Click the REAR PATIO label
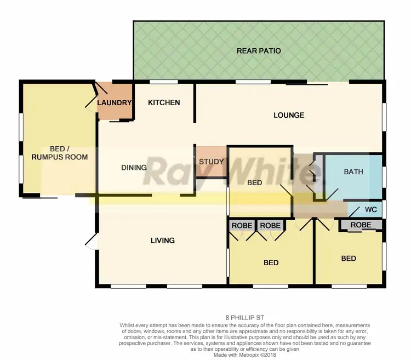259,51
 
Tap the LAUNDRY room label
115,102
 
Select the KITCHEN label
164,102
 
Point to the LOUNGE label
289,115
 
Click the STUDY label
211,162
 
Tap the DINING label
134,168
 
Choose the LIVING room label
163,240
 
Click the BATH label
353,172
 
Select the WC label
370,209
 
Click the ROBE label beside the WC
361,225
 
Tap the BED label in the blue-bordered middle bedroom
254,183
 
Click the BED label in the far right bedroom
349,259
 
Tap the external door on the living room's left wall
90,240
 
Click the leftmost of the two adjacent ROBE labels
242,225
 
